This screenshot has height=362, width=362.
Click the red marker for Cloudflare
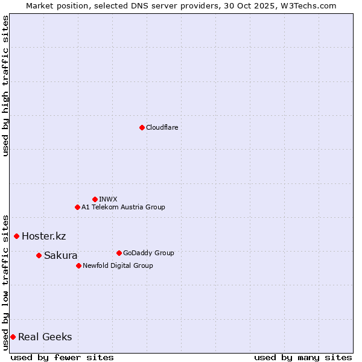142,127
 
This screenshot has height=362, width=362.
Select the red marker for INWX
95,199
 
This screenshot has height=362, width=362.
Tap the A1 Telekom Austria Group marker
77,207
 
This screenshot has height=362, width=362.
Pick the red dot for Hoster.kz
16,236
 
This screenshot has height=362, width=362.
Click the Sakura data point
39,255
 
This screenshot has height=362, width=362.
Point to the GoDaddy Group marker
119,253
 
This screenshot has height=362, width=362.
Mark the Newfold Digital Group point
78,265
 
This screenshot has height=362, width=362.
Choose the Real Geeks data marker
13,337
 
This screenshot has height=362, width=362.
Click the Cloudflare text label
162,127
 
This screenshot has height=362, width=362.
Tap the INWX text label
108,199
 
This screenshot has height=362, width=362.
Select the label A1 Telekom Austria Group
123,207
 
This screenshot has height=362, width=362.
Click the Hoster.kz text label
43,236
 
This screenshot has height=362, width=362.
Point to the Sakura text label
60,255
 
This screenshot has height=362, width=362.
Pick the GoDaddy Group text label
148,253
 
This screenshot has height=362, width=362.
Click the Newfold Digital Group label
118,265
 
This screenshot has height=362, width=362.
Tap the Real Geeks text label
45,337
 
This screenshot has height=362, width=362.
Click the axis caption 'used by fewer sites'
62,357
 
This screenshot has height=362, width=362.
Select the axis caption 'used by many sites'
303,357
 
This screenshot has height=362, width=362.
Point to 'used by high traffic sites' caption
5,86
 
